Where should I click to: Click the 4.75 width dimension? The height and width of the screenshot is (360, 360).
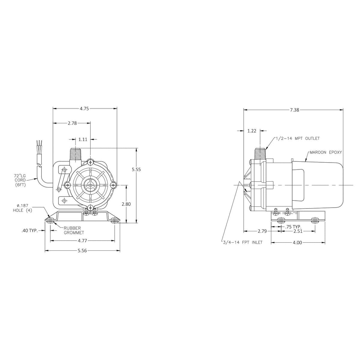[x=84, y=109]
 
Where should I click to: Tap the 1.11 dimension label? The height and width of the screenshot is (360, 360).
[x=83, y=139]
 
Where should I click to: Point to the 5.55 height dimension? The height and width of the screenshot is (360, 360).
[x=136, y=169]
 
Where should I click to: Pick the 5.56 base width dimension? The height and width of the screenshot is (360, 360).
[x=82, y=251]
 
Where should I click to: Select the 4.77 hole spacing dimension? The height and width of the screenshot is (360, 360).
[x=82, y=241]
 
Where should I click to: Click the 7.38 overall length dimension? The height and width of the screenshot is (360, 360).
[x=294, y=110]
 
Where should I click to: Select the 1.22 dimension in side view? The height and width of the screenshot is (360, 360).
[x=252, y=131]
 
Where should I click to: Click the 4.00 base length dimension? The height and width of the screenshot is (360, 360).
[x=297, y=243]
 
